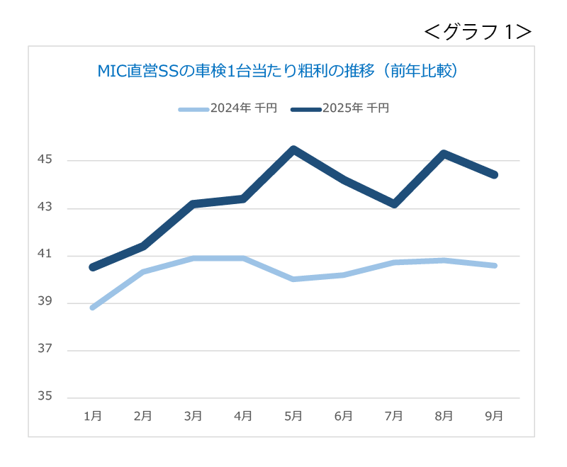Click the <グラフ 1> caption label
coord(478,31)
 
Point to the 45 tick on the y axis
coord(45,160)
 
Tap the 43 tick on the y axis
coord(45,208)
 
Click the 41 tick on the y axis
coord(45,255)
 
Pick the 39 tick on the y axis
coord(45,302)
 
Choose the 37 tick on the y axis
coord(45,349)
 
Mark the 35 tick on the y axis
coord(45,397)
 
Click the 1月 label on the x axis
coord(92,416)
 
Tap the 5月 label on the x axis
coord(293,416)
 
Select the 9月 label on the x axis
coord(495,416)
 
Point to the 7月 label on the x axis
coord(394,416)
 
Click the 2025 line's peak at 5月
coord(293,149)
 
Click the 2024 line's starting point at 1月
coord(92,308)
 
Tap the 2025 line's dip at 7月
coord(394,204)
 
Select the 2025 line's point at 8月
coord(444,154)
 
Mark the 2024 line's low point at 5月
coord(293,279)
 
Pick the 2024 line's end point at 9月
coord(495,266)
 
